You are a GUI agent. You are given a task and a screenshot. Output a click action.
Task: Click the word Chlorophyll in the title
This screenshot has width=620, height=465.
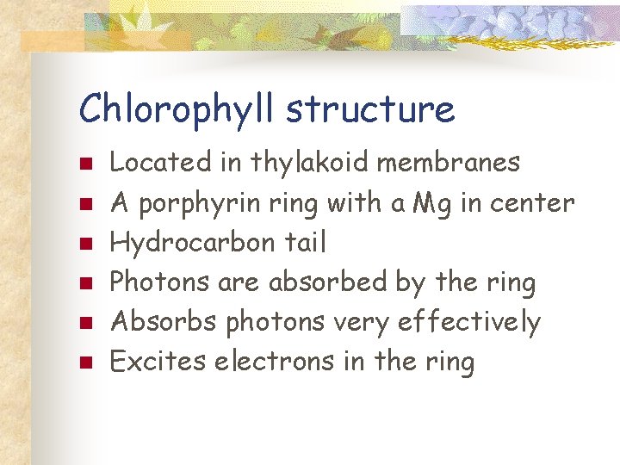click(x=177, y=109)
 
